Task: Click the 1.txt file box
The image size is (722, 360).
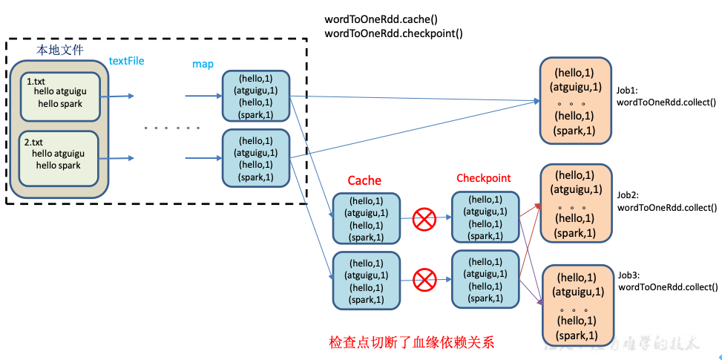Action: pos(60,96)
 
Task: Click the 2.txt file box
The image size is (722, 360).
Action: pos(60,157)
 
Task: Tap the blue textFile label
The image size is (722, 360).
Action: pos(126,61)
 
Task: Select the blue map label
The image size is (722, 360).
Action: pos(203,65)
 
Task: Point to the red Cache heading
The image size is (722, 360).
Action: pos(364,180)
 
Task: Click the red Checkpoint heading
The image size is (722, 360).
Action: pos(484,178)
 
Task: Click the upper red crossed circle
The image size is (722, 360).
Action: pos(424,218)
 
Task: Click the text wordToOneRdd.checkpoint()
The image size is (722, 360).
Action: pos(393,33)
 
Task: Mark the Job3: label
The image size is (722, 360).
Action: pos(629,274)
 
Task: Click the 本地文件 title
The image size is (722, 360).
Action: pos(60,50)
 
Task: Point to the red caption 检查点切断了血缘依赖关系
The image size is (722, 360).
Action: pos(411,343)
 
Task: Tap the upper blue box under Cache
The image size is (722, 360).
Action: pos(367,218)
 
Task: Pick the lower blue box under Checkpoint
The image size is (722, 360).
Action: pos(485,279)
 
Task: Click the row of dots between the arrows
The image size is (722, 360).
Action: pos(172,128)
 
